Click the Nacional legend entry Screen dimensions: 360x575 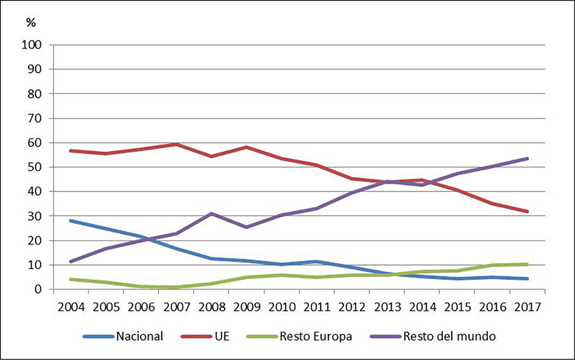139,336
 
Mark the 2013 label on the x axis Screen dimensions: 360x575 388,306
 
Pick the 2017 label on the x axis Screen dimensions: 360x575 528,306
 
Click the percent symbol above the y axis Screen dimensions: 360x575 31,22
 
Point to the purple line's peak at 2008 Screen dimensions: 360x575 212,214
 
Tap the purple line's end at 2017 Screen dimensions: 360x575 527,158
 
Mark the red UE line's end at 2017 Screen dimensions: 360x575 527,211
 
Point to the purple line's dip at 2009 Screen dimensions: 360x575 247,227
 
